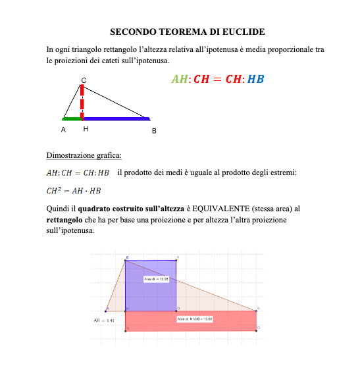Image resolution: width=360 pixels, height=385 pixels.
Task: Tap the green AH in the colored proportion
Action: click(179, 80)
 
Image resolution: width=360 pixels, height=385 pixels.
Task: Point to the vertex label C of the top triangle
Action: click(83, 80)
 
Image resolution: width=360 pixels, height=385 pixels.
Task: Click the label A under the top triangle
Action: click(63, 130)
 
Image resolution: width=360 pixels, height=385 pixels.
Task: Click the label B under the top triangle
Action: click(154, 131)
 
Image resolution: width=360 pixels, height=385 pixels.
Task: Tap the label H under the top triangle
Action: click(86, 130)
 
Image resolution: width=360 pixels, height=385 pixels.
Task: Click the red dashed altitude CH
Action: click(82, 102)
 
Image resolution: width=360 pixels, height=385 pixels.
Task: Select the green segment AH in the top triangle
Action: click(72, 119)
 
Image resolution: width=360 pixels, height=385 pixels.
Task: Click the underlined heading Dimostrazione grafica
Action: click(84, 155)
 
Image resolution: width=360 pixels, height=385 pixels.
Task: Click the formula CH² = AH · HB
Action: click(74, 191)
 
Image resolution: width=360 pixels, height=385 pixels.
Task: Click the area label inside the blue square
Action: click(157, 279)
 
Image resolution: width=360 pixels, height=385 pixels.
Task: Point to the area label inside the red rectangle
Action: click(195, 319)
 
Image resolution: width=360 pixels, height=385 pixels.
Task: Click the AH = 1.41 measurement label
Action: click(104, 321)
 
